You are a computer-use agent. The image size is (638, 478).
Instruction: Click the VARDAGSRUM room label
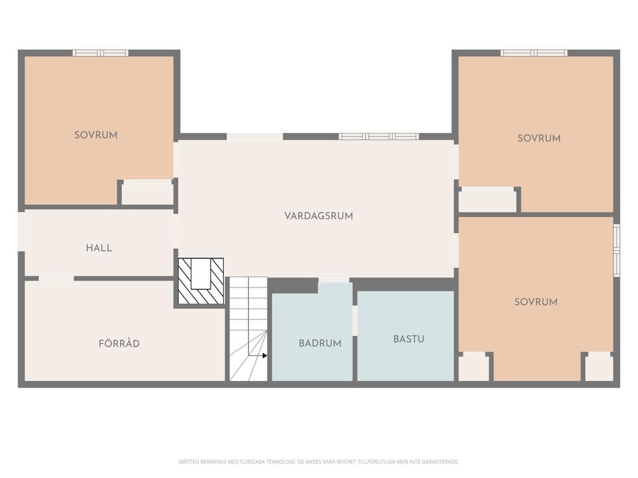pyautogui.click(x=318, y=216)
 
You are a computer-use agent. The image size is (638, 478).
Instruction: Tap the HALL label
pyautogui.click(x=99, y=248)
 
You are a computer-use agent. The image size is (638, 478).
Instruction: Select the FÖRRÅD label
pyautogui.click(x=119, y=344)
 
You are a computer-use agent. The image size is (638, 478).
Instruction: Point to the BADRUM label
pyautogui.click(x=320, y=343)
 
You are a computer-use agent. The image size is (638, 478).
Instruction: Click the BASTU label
pyautogui.click(x=409, y=339)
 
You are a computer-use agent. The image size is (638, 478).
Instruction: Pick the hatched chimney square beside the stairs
pyautogui.click(x=201, y=281)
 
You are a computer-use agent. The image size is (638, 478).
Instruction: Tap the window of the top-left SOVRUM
pyautogui.click(x=100, y=53)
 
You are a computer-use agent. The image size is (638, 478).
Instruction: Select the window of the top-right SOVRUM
pyautogui.click(x=534, y=53)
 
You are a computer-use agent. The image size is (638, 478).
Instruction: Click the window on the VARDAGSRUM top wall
pyautogui.click(x=379, y=136)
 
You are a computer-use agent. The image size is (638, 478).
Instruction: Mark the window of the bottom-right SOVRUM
pyautogui.click(x=617, y=250)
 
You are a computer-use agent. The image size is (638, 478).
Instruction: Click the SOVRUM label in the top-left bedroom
pyautogui.click(x=96, y=135)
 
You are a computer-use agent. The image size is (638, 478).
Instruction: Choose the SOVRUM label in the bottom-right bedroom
pyautogui.click(x=536, y=302)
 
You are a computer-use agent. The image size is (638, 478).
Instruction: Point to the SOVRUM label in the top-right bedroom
pyautogui.click(x=539, y=138)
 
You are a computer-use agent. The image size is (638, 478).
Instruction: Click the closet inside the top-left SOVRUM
pyautogui.click(x=147, y=192)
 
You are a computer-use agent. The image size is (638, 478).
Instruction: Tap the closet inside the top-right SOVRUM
pyautogui.click(x=487, y=200)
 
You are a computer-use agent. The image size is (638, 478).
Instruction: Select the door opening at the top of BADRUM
pyautogui.click(x=334, y=279)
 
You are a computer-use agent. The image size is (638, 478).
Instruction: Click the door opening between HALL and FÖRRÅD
pyautogui.click(x=56, y=278)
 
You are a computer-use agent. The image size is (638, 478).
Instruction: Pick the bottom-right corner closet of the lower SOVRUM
pyautogui.click(x=599, y=367)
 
